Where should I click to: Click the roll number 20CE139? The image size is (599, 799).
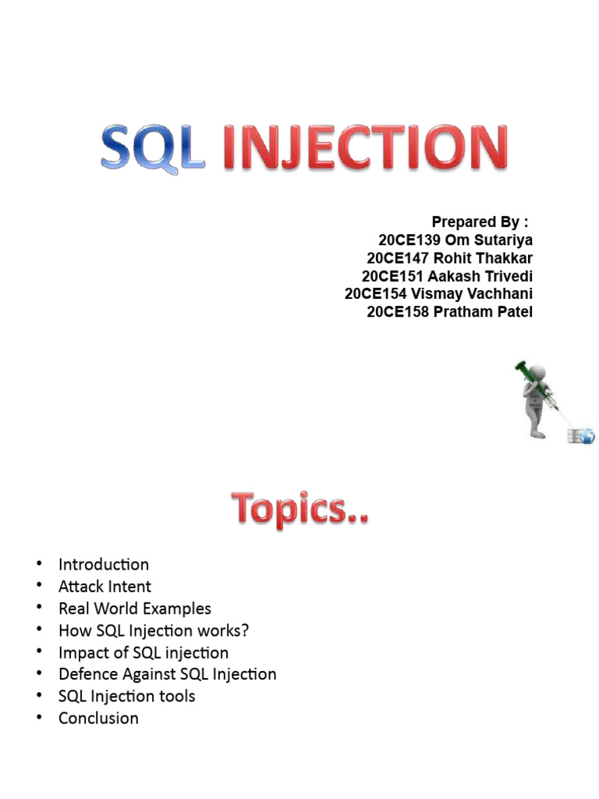point(409,240)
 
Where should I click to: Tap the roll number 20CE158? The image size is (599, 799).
point(398,312)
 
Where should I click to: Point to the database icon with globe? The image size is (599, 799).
point(580,435)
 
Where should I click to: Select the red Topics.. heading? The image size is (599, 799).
point(299,510)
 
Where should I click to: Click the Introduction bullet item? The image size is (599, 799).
point(104,564)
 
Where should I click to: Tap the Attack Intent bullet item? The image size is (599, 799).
point(105,586)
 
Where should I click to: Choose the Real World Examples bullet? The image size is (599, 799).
point(134,608)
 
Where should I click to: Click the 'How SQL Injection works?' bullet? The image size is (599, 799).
point(154,630)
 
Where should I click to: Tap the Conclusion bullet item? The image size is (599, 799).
point(98,718)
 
